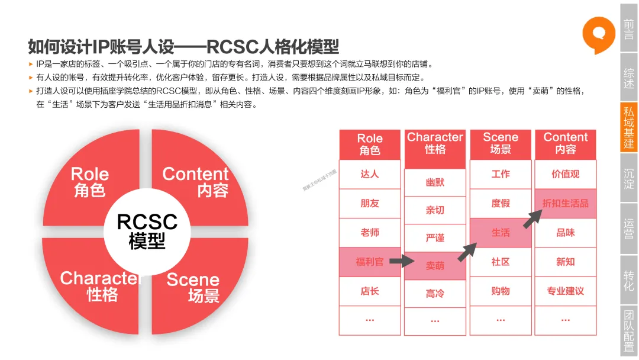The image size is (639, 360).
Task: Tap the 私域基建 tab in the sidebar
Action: coord(628,127)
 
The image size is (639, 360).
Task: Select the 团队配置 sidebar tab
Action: coord(628,331)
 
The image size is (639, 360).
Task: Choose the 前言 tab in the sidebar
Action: coord(628,28)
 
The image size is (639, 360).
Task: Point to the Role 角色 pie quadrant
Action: coord(89,181)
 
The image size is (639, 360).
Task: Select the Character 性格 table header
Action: coord(435,143)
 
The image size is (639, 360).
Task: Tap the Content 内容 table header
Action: coord(565,143)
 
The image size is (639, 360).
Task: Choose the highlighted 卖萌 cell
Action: coord(435,266)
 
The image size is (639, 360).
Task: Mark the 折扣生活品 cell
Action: coord(565,203)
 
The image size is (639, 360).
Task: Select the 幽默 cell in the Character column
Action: coord(435,182)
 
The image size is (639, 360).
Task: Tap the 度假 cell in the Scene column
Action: coord(500,203)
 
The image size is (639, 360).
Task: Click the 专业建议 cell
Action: coord(565,291)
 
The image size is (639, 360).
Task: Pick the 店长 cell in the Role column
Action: coord(370,291)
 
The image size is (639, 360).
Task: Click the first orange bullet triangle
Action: coord(31,64)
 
